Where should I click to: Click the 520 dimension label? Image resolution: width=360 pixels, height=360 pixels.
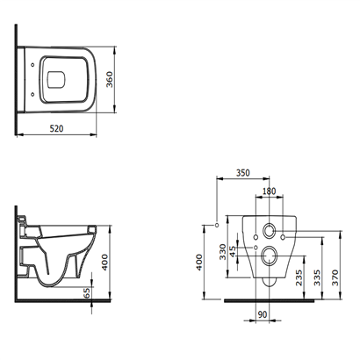(x=56, y=128)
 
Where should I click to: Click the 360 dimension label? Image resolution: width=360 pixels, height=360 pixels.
(x=109, y=79)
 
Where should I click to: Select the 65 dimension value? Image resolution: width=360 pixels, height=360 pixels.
(x=87, y=292)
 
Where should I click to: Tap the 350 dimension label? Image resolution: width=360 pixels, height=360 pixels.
(x=243, y=173)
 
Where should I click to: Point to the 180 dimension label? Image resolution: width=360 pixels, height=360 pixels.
(x=269, y=191)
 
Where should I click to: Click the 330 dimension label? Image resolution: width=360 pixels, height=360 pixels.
(x=223, y=252)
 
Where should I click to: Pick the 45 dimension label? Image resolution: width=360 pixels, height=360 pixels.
(x=233, y=251)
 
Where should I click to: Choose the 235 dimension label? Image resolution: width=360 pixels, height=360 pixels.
(x=299, y=277)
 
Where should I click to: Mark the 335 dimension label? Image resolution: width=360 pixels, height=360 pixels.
(x=317, y=277)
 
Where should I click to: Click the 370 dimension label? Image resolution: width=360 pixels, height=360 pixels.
(x=335, y=277)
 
